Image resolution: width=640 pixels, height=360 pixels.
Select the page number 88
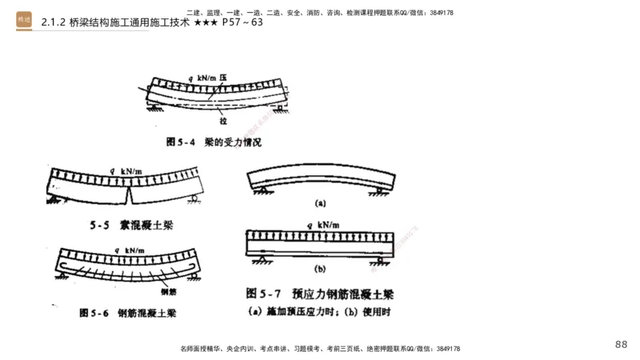[621, 344]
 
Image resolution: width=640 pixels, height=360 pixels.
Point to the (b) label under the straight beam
[320, 269]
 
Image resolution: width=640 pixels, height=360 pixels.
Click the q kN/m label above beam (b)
[320, 225]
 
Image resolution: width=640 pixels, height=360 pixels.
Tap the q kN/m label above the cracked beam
[128, 170]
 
